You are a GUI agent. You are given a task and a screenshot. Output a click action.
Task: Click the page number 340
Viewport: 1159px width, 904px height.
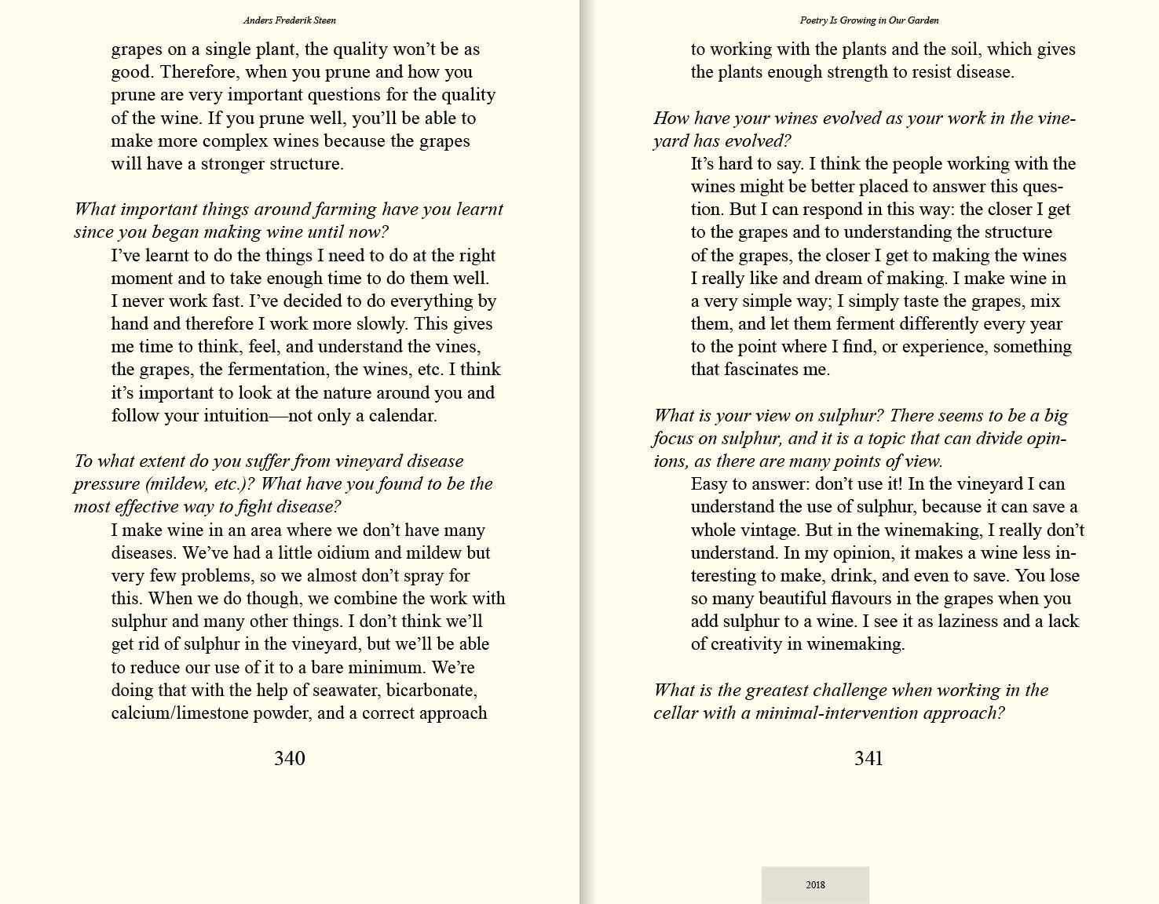point(289,758)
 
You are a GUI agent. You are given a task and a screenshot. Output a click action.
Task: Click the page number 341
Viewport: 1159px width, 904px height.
point(868,758)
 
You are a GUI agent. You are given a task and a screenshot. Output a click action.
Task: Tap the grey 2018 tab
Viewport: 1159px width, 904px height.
point(815,884)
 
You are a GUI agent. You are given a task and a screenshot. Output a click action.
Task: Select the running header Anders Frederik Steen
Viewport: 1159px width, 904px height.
point(290,20)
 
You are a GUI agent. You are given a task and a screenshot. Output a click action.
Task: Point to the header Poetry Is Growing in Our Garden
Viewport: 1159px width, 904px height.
point(869,20)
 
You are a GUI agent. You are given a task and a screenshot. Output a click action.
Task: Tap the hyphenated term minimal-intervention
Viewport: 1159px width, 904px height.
point(837,713)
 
